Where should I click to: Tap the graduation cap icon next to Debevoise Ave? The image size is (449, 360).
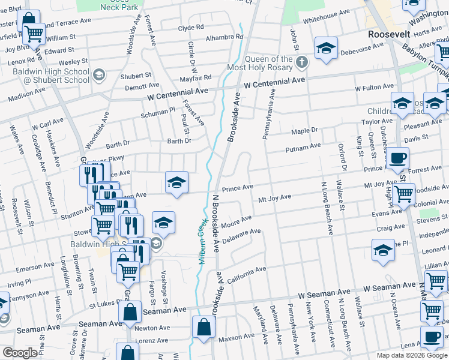326,47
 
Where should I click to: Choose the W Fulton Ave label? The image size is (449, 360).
374,88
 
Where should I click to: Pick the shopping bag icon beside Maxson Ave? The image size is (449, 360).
203,328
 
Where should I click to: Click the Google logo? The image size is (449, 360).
20,353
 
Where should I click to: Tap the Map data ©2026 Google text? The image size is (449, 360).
412,355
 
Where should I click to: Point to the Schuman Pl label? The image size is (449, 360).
158,110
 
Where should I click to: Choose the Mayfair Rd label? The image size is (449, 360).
196,77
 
